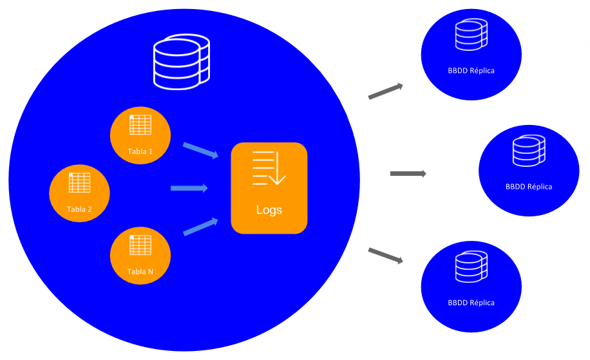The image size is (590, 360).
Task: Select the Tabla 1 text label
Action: pyautogui.click(x=140, y=151)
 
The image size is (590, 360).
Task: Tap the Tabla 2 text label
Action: pyautogui.click(x=79, y=209)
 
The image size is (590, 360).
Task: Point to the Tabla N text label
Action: pyautogui.click(x=140, y=271)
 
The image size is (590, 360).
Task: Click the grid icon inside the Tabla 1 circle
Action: pyautogui.click(x=140, y=125)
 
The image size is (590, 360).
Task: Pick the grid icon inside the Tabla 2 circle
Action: pyautogui.click(x=80, y=182)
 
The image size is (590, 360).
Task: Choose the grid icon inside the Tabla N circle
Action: pyautogui.click(x=140, y=245)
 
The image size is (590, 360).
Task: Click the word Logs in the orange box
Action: pyautogui.click(x=269, y=210)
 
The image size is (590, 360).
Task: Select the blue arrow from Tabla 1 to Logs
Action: pyautogui.click(x=201, y=150)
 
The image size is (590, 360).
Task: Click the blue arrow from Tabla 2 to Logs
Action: pyautogui.click(x=189, y=188)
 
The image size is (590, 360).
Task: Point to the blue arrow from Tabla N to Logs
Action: pyautogui.click(x=201, y=227)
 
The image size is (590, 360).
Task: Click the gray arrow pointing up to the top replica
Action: pyautogui.click(x=385, y=91)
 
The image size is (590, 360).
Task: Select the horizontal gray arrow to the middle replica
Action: pyautogui.click(x=408, y=174)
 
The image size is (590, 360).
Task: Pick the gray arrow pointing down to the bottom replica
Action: pyautogui.click(x=385, y=256)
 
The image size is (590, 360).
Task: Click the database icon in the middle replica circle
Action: pyautogui.click(x=529, y=151)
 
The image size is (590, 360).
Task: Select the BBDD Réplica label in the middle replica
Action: pyautogui.click(x=529, y=187)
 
